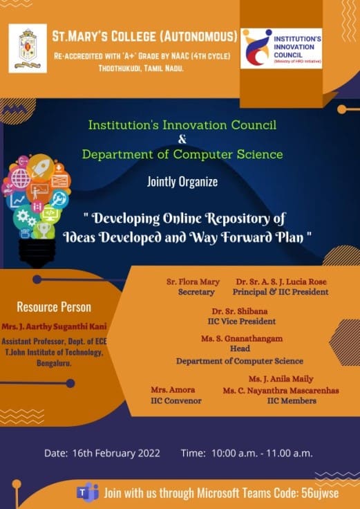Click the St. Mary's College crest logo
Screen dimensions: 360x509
[28, 48]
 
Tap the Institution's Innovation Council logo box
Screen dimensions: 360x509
[281, 48]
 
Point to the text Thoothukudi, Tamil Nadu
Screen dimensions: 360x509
[141, 68]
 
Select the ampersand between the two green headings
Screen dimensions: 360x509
[182, 140]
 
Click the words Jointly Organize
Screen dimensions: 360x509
[182, 182]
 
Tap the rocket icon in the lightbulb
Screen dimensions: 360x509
[40, 166]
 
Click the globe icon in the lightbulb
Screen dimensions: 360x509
[21, 178]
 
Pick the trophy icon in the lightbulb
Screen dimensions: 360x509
[44, 230]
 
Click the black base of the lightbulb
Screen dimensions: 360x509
[37, 254]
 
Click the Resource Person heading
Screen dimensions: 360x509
[54, 307]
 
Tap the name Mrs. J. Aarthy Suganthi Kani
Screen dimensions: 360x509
[54, 326]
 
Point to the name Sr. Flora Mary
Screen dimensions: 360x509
[193, 281]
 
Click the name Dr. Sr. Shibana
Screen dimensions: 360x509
[240, 311]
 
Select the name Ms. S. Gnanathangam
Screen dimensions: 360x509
[242, 339]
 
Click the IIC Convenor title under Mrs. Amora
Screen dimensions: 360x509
[176, 401]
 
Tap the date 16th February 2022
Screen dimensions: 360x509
[116, 453]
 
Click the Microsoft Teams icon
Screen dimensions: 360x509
[87, 492]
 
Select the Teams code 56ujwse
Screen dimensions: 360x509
[320, 493]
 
